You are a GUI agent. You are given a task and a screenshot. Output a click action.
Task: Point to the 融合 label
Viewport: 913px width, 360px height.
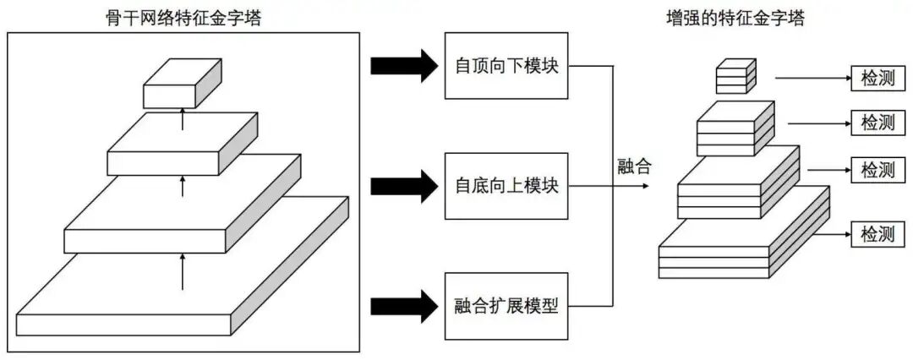634,166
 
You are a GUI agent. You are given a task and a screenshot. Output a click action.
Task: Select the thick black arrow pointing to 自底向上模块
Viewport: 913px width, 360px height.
403,185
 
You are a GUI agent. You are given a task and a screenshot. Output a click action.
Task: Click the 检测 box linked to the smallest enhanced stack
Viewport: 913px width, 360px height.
877,79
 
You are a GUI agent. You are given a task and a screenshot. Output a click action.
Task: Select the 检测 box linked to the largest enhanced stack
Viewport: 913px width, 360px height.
877,233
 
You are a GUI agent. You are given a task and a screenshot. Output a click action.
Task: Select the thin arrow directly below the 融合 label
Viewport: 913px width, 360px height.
629,185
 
